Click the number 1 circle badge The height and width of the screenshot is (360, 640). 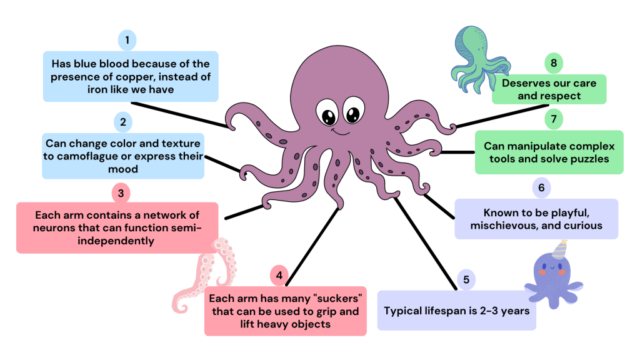coord(127,41)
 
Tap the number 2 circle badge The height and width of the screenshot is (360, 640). coord(123,121)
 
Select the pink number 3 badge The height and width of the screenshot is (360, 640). coord(121,192)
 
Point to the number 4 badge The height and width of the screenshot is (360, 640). coord(279,275)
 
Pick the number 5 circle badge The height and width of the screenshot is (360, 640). coord(466,279)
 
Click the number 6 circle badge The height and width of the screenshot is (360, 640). coord(541,187)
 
